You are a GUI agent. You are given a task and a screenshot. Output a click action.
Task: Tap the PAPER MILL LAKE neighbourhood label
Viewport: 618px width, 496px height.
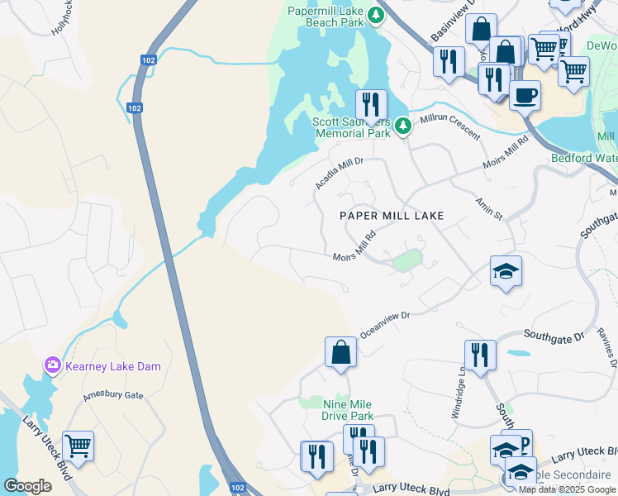[x=392, y=216]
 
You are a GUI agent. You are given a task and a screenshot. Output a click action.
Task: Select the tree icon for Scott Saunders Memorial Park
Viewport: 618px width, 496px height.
[x=402, y=126]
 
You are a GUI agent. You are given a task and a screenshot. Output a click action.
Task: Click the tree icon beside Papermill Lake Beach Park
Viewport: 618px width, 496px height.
[x=376, y=13]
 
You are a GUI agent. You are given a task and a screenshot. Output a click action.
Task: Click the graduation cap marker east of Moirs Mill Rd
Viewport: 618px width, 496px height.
[x=505, y=271]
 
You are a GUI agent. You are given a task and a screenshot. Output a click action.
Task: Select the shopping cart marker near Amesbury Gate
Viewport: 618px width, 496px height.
[x=78, y=446]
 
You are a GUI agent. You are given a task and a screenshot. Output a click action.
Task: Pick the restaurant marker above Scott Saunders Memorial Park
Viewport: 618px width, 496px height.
[x=371, y=104]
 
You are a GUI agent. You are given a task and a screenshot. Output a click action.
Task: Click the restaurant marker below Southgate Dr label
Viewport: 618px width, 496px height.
[x=480, y=355]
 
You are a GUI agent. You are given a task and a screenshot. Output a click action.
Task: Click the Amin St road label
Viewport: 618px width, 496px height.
[x=488, y=208]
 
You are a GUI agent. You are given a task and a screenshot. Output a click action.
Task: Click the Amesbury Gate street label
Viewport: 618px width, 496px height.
[x=113, y=396]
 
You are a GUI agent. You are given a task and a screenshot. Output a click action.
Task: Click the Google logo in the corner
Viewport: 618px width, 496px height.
[x=28, y=486]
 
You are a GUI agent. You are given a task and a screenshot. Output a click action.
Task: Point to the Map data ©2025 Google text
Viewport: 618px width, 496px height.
[x=567, y=489]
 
